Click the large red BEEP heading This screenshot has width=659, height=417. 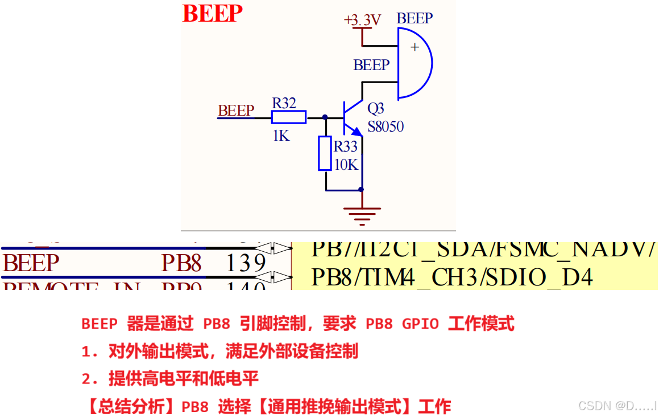212,14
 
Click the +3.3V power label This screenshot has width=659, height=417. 362,21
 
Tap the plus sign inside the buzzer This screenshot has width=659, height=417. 415,47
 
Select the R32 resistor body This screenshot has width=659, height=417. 288,118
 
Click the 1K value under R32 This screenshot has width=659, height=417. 281,136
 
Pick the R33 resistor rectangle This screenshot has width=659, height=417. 325,153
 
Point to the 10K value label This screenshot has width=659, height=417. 346,165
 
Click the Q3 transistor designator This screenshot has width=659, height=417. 376,108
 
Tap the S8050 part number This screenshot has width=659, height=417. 386,126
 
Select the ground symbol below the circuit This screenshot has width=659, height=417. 362,214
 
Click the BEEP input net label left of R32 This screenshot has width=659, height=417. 235,111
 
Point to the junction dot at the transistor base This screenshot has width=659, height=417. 325,117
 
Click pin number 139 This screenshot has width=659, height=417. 246,263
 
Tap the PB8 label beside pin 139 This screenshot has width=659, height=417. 181,263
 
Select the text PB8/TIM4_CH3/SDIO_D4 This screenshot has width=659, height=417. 452,277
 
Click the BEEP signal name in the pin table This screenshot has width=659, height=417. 31,263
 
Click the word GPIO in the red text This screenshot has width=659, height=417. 420,324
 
